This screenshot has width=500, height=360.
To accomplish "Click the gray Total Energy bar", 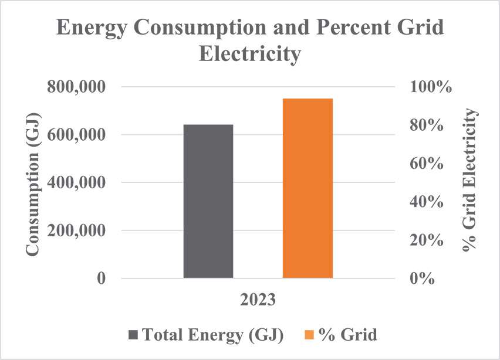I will [x=208, y=201].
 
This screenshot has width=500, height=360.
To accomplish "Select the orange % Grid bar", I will [x=308, y=188].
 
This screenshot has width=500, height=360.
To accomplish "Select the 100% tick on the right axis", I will [x=431, y=87].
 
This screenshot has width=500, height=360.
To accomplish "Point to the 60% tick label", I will [x=426, y=164].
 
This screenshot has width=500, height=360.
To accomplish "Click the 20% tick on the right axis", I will [x=426, y=240].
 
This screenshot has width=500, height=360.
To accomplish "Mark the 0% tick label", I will [x=421, y=279].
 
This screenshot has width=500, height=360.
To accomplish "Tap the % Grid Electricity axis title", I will [x=471, y=182].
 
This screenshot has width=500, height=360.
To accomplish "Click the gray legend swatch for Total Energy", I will [x=133, y=335].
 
